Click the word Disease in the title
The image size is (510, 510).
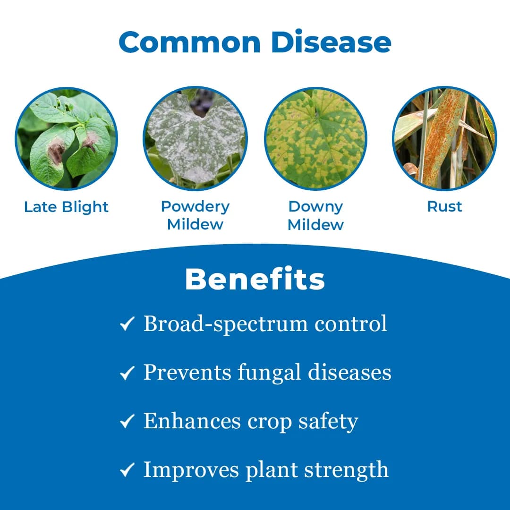pos(331,42)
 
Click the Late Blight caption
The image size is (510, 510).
pos(67,207)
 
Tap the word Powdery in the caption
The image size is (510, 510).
pos(195,206)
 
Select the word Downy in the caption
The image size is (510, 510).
pos(315,206)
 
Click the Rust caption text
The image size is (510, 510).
pos(444,206)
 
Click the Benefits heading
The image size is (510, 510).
pos(255,280)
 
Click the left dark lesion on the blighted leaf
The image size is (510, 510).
pos(56,151)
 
